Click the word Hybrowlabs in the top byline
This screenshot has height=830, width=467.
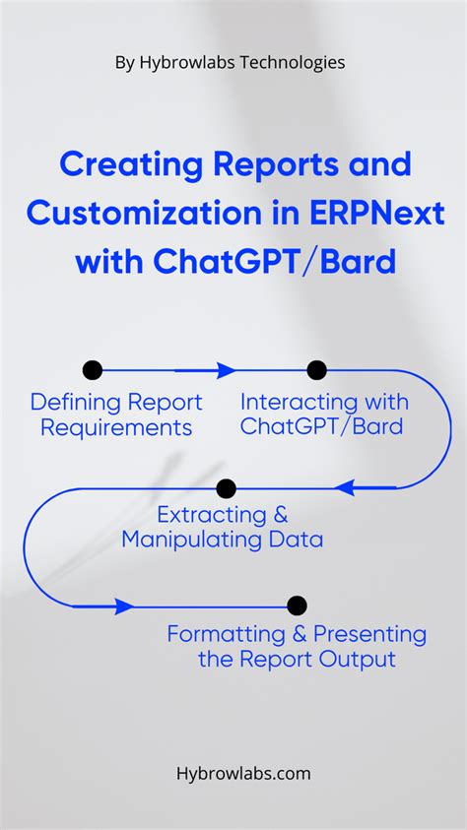pyautogui.click(x=180, y=62)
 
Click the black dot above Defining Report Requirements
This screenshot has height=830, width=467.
pyautogui.click(x=93, y=370)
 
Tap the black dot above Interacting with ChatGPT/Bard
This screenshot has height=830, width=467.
pyautogui.click(x=316, y=370)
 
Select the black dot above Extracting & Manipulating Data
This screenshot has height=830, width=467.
pyautogui.click(x=227, y=487)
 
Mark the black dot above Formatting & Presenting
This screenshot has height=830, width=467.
pyautogui.click(x=297, y=606)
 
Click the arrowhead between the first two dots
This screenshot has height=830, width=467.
pyautogui.click(x=226, y=370)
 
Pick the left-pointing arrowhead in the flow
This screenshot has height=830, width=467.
pyautogui.click(x=345, y=487)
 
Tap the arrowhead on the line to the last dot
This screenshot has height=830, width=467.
pyautogui.click(x=124, y=606)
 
